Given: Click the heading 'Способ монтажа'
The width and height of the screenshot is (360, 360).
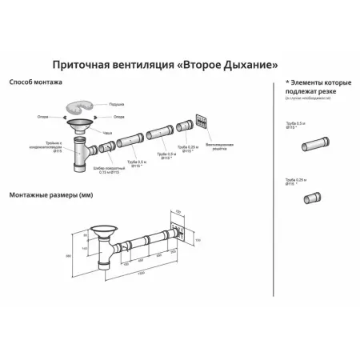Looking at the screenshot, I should pos(36,82).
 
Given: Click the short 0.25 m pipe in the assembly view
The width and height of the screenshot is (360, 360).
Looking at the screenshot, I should pos(183,126).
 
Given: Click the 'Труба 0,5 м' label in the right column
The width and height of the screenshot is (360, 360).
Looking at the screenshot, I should pos(297,126).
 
